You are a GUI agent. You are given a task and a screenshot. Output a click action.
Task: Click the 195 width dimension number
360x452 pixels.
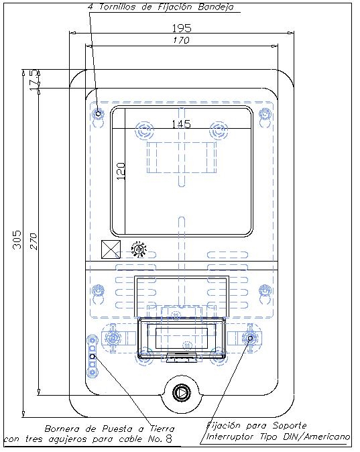pyautogui.click(x=182, y=28)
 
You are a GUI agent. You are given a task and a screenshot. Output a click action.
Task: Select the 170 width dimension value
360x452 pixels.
pyautogui.click(x=181, y=40)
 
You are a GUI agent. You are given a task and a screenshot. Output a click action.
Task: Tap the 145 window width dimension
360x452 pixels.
pyautogui.click(x=181, y=124)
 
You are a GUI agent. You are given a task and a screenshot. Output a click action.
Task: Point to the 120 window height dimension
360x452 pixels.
pyautogui.click(x=121, y=172)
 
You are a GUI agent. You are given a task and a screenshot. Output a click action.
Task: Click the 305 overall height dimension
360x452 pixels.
pyautogui.click(x=17, y=239)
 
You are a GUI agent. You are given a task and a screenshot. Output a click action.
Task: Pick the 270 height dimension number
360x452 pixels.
pyautogui.click(x=34, y=241)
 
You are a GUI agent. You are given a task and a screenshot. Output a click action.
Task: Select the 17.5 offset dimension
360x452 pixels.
pyautogui.click(x=34, y=80)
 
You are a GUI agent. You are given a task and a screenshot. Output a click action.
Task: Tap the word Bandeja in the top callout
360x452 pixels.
pyautogui.click(x=216, y=7)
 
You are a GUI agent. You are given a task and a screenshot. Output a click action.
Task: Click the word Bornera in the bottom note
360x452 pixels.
pyautogui.click(x=62, y=429)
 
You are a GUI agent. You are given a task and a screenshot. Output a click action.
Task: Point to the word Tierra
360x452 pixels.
pyautogui.click(x=162, y=429)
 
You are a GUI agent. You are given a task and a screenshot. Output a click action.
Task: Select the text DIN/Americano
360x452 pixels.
pyautogui.click(x=316, y=437)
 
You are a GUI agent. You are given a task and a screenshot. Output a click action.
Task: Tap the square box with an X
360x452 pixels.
pyautogui.click(x=111, y=249)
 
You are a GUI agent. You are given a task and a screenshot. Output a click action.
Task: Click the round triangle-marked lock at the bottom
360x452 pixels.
pyautogui.click(x=182, y=392)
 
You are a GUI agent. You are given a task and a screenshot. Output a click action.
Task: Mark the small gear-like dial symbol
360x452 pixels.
pyautogui.click(x=139, y=249)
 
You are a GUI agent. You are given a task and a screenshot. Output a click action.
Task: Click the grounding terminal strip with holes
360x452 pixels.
pyautogui.click(x=93, y=357)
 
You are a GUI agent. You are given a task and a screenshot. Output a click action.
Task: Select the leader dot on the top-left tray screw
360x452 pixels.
pyautogui.click(x=98, y=113)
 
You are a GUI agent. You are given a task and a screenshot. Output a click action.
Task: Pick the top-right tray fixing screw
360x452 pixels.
pyautogui.click(x=264, y=113)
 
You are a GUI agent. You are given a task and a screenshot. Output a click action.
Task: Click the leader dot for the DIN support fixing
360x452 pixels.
pyautogui.click(x=250, y=338)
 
